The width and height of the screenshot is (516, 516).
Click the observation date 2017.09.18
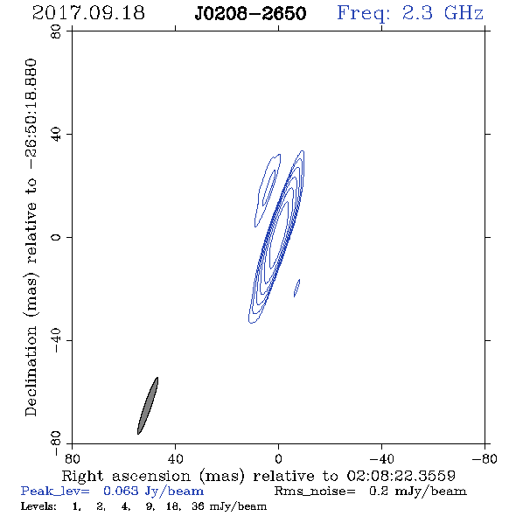click(x=88, y=13)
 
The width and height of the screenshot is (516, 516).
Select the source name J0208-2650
click(x=250, y=14)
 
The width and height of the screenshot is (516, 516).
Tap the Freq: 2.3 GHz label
click(x=410, y=13)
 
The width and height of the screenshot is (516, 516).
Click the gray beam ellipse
click(x=148, y=406)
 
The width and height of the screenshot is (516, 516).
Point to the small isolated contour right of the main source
click(x=296, y=288)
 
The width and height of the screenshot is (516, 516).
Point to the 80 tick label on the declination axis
click(x=56, y=31)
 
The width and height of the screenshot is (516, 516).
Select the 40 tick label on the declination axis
click(x=56, y=135)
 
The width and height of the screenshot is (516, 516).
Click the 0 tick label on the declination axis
click(x=56, y=237)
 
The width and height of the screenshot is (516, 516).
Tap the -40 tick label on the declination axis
click(x=56, y=340)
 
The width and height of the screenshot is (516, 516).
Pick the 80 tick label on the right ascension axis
click(x=72, y=458)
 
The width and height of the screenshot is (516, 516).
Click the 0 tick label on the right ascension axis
click(x=278, y=458)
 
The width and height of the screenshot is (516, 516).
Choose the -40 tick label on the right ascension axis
click(x=381, y=458)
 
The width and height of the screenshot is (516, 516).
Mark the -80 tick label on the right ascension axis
click(x=485, y=458)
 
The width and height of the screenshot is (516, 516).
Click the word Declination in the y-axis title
click(x=31, y=371)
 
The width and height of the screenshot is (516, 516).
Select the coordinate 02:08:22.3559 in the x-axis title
click(x=401, y=476)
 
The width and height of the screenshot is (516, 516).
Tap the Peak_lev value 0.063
click(x=121, y=491)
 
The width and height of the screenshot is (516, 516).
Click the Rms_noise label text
click(x=315, y=492)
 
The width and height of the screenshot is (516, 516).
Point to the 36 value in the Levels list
click(x=198, y=506)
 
